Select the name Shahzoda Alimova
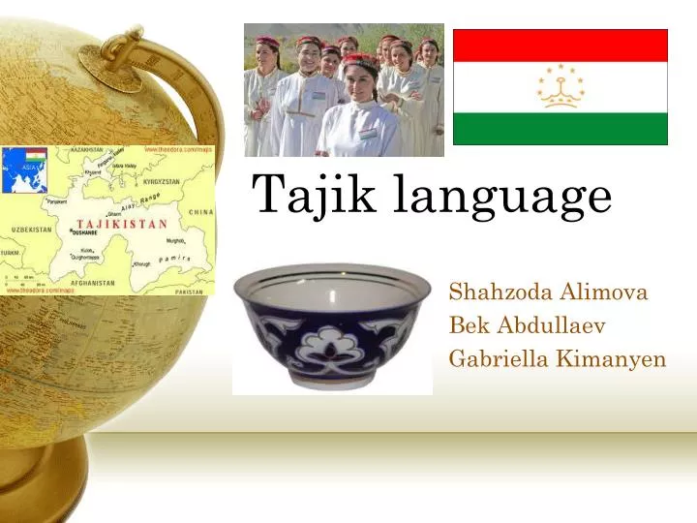coord(549,292)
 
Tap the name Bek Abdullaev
coord(528,325)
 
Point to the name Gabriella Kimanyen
coord(558,359)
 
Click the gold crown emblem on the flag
coord(561,85)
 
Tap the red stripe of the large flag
coord(561,45)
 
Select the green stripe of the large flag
coord(561,128)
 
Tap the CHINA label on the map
coord(200,211)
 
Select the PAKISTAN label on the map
coord(189,292)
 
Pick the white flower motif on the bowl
coord(329,347)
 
